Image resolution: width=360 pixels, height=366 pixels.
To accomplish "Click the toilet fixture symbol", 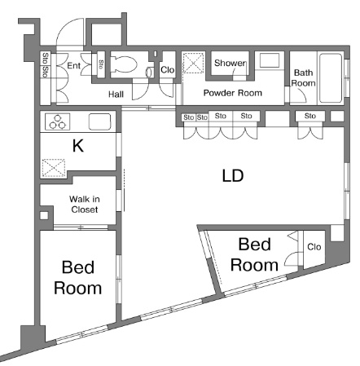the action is (x=124, y=64).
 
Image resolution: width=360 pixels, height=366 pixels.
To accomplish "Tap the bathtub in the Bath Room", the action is (x=330, y=78).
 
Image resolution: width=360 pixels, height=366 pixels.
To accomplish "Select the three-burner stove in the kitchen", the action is (x=58, y=121).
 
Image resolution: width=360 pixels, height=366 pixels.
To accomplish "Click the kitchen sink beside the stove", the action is (x=99, y=121).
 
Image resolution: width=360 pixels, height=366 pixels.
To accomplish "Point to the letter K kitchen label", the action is (x=78, y=146).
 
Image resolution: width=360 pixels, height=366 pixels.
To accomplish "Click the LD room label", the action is (x=233, y=175).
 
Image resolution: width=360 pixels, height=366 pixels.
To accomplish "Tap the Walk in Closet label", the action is (x=85, y=205).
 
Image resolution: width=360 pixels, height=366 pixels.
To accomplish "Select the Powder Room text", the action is (x=233, y=93).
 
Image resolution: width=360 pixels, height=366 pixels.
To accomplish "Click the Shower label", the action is (x=230, y=63).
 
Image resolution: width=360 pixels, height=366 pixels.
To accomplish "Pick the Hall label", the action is (x=116, y=95).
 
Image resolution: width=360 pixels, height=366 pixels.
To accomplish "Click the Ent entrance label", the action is (x=73, y=65).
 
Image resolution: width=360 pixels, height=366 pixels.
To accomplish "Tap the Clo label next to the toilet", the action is (x=167, y=70).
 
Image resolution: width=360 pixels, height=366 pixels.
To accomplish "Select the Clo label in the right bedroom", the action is (x=314, y=247).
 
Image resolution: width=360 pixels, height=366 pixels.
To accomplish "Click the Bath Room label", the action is (x=303, y=77).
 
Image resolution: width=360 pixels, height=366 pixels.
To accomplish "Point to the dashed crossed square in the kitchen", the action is (x=54, y=168).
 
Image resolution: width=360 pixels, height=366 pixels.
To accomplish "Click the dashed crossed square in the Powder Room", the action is (x=193, y=63).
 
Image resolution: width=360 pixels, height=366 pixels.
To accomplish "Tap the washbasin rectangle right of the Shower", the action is (x=270, y=60).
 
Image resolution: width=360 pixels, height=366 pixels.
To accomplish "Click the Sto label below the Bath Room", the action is (x=310, y=116).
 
